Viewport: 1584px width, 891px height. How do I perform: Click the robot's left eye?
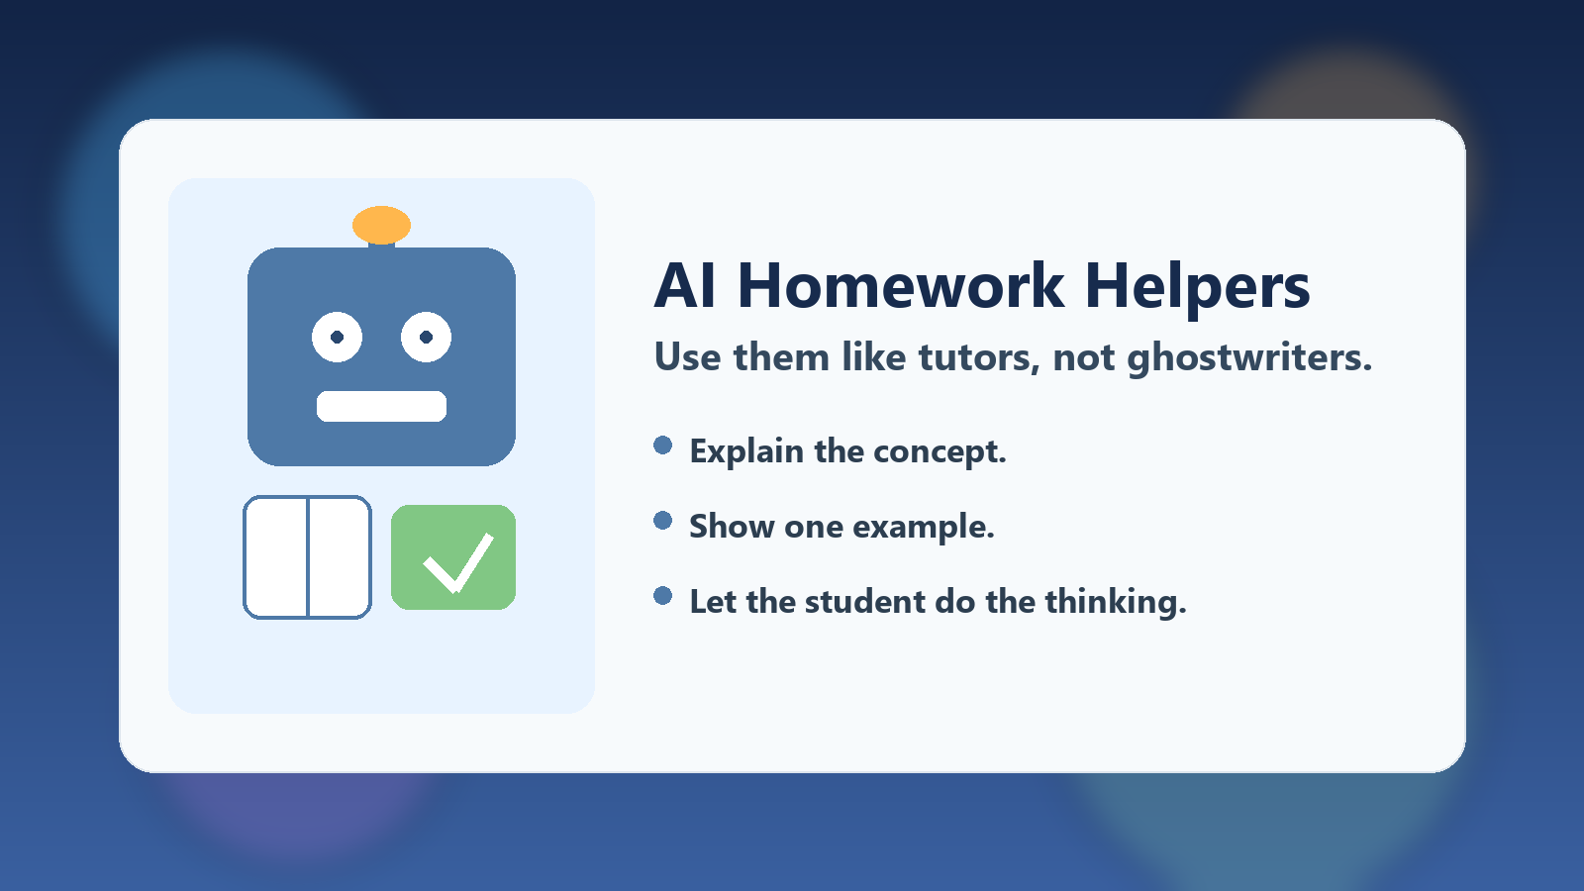click(337, 338)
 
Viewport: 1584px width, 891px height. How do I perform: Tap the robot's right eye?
click(426, 338)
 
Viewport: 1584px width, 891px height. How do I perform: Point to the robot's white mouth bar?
click(381, 406)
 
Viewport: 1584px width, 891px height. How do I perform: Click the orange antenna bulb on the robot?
click(381, 225)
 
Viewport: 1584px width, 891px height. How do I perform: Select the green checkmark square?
click(453, 557)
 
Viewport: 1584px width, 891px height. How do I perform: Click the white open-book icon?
click(307, 557)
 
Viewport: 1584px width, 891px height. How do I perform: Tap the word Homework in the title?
click(901, 286)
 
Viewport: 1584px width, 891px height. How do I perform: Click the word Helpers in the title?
click(1197, 286)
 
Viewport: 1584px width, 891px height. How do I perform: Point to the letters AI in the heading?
click(685, 286)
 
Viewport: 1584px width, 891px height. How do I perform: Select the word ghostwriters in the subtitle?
click(1249, 357)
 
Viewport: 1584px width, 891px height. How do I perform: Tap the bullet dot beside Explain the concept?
click(663, 445)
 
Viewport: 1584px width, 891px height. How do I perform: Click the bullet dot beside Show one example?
click(663, 521)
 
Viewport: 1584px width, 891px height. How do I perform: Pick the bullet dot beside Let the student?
click(663, 596)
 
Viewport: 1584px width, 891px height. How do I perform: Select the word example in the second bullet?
click(923, 527)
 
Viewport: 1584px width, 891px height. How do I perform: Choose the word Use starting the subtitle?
click(687, 357)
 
